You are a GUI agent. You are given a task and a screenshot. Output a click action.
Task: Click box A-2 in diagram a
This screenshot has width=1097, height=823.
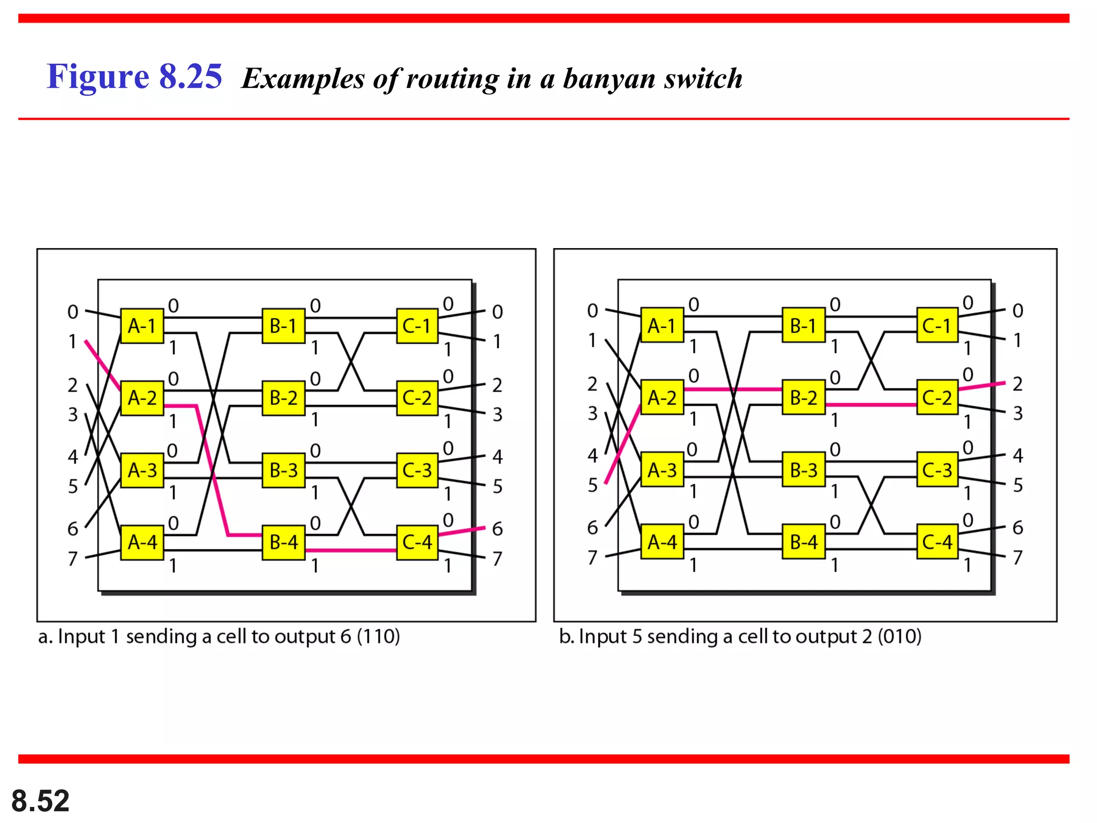[142, 398]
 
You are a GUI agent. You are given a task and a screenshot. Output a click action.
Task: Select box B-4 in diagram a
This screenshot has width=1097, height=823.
[283, 543]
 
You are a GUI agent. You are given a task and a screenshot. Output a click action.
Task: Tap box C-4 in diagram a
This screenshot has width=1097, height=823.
[417, 543]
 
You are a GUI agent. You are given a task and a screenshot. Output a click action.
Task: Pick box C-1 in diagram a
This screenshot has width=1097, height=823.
[417, 326]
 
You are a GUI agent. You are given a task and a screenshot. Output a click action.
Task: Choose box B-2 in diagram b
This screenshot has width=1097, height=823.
[803, 398]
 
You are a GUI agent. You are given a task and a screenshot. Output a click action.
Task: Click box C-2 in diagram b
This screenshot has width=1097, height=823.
[937, 398]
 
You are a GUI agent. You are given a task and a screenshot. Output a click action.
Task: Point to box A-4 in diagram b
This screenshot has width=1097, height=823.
[662, 542]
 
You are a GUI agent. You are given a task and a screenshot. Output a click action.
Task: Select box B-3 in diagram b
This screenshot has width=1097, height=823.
[803, 470]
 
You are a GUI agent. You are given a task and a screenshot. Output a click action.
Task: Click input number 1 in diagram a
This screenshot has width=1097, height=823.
[72, 341]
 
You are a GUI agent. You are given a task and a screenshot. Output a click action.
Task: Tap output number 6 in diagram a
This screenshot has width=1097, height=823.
[498, 529]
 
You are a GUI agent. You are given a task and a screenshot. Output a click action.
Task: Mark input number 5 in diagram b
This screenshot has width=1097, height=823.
[592, 485]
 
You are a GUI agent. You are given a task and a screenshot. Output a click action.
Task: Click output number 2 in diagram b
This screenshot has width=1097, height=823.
[1018, 384]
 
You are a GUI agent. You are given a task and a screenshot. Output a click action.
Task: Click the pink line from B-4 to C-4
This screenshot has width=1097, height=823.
[351, 550]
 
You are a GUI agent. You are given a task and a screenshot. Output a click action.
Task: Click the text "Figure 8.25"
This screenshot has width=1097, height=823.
[134, 76]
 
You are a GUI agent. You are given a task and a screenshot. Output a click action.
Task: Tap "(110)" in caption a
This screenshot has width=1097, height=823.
[378, 637]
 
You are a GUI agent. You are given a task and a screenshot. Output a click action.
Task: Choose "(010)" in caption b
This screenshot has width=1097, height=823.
[899, 637]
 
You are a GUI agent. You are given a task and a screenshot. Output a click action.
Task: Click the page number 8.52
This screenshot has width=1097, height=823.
[40, 801]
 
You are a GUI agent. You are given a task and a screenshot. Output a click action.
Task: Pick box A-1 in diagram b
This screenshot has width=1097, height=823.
[662, 325]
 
